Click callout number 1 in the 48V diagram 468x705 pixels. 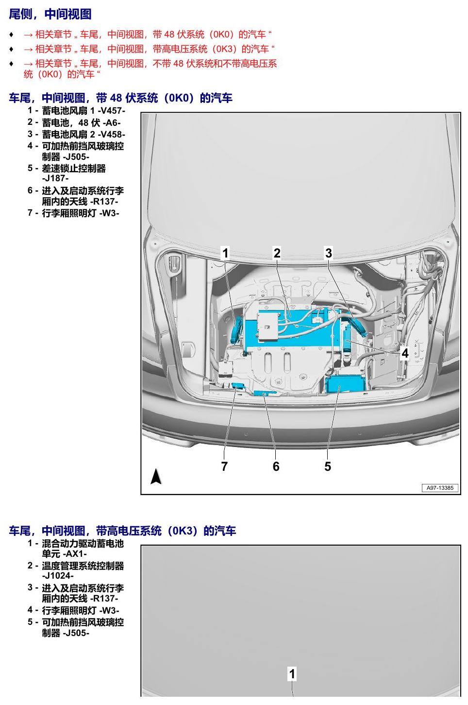(x=225, y=253)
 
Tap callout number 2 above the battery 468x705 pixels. (x=277, y=253)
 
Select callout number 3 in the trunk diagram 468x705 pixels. (x=328, y=253)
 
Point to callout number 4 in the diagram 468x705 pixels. (x=405, y=353)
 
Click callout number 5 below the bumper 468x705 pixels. (x=328, y=466)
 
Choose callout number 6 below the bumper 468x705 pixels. (x=276, y=466)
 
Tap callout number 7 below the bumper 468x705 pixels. (x=224, y=466)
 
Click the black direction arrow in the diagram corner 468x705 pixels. (x=156, y=476)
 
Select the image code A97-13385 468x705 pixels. (x=440, y=488)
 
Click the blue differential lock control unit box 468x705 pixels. (x=345, y=383)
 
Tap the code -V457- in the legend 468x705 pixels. (x=112, y=111)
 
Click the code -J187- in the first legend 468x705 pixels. (x=55, y=178)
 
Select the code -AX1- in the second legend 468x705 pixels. (x=75, y=554)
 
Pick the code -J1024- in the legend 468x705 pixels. (x=58, y=576)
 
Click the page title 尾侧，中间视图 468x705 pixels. (x=50, y=14)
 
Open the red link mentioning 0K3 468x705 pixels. (x=149, y=49)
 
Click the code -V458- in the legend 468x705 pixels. (x=112, y=135)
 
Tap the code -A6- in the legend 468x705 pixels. (x=112, y=123)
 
